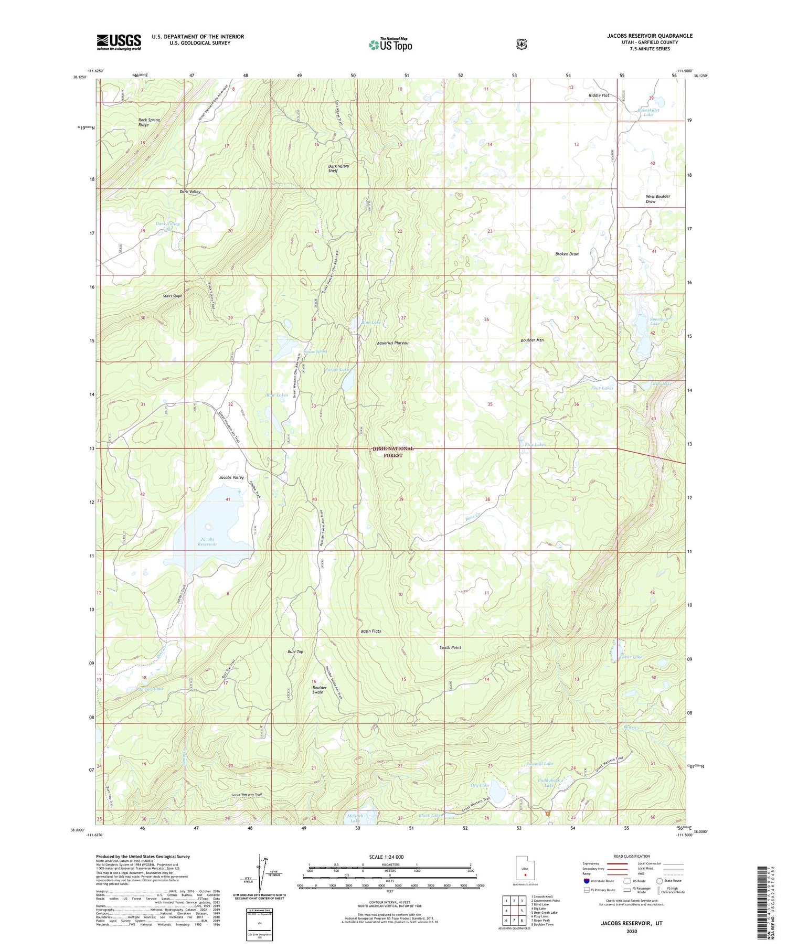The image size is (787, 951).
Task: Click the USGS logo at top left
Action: point(119,42)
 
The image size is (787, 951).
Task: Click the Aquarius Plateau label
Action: point(392,343)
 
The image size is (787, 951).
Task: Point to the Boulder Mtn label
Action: point(532,340)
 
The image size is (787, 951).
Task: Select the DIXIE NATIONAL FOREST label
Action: point(393,452)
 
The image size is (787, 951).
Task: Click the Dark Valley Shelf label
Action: point(338,168)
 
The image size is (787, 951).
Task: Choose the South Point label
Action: point(450,647)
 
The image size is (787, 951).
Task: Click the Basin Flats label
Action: point(371,631)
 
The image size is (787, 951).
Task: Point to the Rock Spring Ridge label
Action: point(149,122)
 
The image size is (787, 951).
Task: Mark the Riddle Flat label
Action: point(599,95)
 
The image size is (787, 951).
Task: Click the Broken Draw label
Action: point(567,254)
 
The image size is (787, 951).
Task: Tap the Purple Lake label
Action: point(336,370)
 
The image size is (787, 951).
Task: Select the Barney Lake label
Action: point(151,689)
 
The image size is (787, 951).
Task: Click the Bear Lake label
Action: point(632,657)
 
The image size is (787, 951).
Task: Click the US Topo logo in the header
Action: point(390,45)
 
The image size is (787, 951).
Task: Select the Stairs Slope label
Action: point(172,296)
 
